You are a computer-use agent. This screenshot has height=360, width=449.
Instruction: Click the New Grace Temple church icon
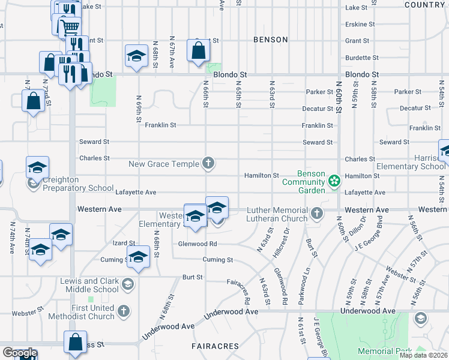[x=208, y=163]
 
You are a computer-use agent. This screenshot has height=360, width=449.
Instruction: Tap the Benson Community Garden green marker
[x=334, y=180]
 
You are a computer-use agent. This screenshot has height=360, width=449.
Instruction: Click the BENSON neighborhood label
[x=271, y=40]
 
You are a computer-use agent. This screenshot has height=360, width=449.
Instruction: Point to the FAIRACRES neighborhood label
[x=215, y=346]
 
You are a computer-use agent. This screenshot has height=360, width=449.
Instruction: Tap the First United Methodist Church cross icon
[x=124, y=311]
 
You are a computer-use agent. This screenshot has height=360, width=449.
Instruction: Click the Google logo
[x=20, y=353]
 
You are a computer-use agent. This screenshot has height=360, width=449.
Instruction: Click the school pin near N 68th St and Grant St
[x=137, y=57]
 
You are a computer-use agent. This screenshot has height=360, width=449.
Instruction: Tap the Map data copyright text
[x=423, y=355]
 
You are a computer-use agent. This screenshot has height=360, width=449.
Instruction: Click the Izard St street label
[x=124, y=243]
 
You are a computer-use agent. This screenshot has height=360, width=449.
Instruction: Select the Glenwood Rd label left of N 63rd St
[x=197, y=244]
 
